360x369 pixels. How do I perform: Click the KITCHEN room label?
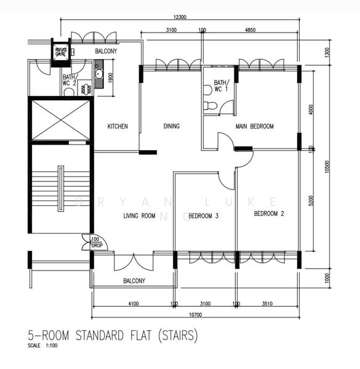click(x=118, y=127)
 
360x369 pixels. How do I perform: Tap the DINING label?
click(x=172, y=127)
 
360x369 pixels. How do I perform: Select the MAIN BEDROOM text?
click(x=255, y=127)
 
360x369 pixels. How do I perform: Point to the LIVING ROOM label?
click(x=139, y=216)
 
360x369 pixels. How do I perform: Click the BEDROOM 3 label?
click(x=204, y=216)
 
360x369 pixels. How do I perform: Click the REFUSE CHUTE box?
click(x=61, y=52)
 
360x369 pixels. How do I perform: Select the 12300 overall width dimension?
click(x=180, y=17)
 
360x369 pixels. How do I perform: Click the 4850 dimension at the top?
click(x=250, y=30)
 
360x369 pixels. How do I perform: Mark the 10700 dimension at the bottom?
click(x=196, y=314)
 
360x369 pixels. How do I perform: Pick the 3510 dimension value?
click(x=267, y=303)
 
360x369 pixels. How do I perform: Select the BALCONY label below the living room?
click(x=134, y=281)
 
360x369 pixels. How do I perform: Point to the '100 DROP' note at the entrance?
click(x=95, y=242)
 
